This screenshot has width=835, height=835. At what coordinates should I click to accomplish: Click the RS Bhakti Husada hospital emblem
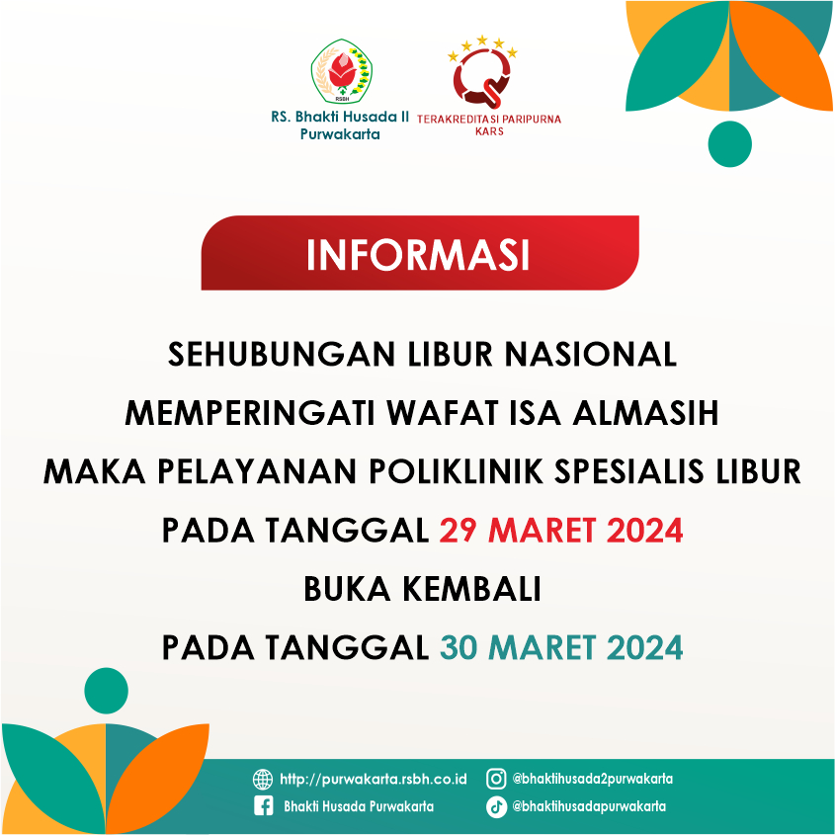click(x=341, y=71)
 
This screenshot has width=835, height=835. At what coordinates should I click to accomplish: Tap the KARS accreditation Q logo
click(x=482, y=72)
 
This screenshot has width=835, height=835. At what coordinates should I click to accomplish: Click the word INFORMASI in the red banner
click(x=418, y=255)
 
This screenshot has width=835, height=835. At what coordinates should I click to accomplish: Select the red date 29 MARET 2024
click(x=560, y=531)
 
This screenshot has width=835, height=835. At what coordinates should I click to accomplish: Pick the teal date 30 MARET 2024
click(x=560, y=647)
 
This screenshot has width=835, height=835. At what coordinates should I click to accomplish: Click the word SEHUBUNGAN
click(x=282, y=354)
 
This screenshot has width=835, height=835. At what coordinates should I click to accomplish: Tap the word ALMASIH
click(x=645, y=413)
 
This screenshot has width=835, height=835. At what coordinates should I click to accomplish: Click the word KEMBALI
click(x=471, y=589)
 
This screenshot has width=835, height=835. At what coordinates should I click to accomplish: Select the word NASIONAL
click(x=591, y=354)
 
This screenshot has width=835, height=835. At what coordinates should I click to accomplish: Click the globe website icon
click(x=263, y=779)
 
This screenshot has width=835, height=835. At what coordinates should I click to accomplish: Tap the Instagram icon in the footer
click(x=496, y=779)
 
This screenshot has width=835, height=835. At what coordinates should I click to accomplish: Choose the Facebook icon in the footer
click(x=264, y=805)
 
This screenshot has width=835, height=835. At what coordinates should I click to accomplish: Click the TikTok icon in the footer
click(x=496, y=806)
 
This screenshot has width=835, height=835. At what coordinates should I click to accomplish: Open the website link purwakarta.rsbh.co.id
click(x=374, y=779)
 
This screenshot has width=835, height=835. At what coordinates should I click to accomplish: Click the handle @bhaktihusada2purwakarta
click(x=592, y=779)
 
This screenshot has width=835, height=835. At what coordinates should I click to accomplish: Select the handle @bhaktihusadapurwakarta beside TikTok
click(x=589, y=806)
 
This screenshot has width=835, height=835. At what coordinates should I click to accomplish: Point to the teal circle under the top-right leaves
click(x=729, y=144)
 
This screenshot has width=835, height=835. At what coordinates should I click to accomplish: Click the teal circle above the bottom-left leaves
click(x=106, y=691)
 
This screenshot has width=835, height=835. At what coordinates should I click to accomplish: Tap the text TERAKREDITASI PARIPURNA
click(x=489, y=119)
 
